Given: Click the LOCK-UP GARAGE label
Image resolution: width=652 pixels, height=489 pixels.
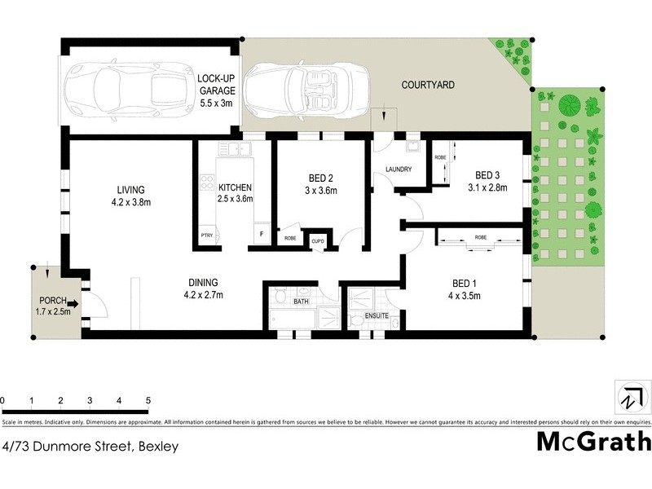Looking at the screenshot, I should [216, 91].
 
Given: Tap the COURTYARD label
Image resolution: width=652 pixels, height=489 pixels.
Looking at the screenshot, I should [428, 85].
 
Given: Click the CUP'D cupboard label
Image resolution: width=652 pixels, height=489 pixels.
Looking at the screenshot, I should [317, 240].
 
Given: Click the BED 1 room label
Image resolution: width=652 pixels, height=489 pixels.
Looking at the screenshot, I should [465, 289].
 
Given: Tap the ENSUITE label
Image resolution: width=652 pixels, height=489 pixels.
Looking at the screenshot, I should [377, 315].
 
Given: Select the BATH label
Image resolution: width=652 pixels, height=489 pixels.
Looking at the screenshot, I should [301, 302].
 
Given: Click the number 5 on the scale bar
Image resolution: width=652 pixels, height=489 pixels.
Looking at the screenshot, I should [148, 401].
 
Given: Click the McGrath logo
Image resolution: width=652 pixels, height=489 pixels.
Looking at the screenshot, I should [593, 442].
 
